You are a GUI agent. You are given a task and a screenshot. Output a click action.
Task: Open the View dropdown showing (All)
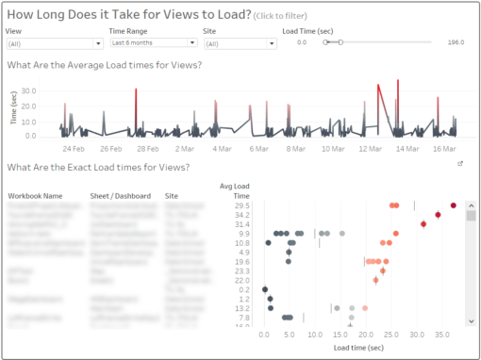coord(55,43)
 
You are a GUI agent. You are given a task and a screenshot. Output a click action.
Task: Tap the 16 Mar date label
coord(443,148)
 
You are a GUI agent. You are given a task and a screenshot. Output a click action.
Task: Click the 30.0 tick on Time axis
coord(29,91)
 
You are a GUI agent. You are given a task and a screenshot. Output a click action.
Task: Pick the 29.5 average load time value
coord(242,205)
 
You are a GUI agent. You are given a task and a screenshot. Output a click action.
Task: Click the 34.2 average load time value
coord(242,215)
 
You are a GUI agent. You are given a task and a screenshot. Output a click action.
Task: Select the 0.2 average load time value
coord(242,289)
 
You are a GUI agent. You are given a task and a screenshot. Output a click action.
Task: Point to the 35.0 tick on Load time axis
coord(439,334)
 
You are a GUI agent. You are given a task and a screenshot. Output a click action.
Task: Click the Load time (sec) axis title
coord(357,347)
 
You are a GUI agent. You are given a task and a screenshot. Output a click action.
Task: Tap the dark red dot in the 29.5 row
coord(454,205)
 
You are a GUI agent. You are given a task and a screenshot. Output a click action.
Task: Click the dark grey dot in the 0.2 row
coord(265,289)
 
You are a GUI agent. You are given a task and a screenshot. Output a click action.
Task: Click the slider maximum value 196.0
coord(456,42)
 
